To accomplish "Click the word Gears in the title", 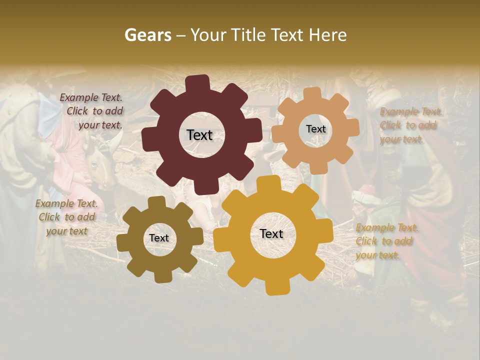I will pos(147,35).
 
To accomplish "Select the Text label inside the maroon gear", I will pos(199,135).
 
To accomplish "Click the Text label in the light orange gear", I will pos(315,129).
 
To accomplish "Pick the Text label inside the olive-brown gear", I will pos(158,238).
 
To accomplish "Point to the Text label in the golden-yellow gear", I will pos(271,233).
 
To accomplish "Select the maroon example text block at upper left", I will pos(92,111).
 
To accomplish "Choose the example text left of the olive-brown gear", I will pos(66,217).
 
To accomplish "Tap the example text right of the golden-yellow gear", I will pos(386,241).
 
